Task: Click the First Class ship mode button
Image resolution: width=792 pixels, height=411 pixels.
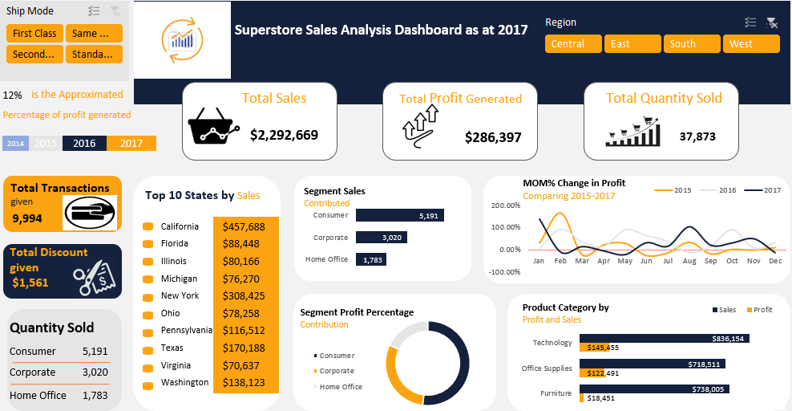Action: [34, 34]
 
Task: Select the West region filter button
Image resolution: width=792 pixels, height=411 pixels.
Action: [750, 44]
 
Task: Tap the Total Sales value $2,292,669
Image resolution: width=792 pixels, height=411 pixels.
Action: [284, 135]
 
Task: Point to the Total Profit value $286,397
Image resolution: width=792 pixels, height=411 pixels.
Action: [493, 137]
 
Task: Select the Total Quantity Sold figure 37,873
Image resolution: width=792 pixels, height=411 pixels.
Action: [697, 136]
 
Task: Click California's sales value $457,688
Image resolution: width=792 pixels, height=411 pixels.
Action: [245, 227]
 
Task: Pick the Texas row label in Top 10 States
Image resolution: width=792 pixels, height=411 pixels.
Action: [172, 348]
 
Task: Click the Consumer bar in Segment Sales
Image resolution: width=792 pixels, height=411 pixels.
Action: [399, 216]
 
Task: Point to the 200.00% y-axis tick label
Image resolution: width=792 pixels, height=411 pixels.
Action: [505, 205]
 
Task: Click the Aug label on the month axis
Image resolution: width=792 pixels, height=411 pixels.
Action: [689, 262]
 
